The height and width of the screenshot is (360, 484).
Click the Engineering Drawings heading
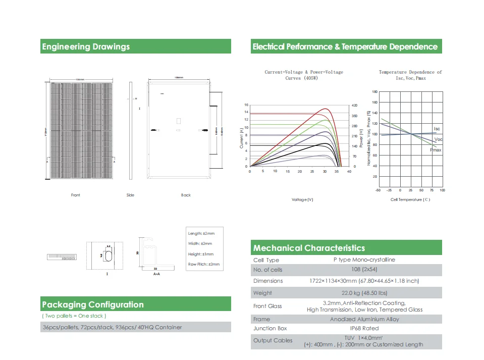coord(86,47)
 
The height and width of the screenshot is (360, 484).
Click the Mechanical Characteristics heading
coord(309,248)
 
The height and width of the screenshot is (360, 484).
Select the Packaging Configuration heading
coord(93,304)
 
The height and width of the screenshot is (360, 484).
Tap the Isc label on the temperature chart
coord(437,129)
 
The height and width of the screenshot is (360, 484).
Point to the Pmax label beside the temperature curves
coord(436,150)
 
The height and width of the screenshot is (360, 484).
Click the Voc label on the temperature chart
coord(438,139)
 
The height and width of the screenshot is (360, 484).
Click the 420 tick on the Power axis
coord(354,106)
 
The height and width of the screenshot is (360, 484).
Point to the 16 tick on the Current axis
coord(246,106)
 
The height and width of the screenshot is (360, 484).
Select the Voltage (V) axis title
coord(303,199)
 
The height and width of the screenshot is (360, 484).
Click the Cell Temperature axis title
coord(410,199)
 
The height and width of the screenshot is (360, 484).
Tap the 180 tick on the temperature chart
coord(374,92)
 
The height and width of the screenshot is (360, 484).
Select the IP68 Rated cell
coord(364,328)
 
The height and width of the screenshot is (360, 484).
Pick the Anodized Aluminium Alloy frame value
coord(364,319)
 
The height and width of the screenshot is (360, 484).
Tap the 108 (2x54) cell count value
coord(364,270)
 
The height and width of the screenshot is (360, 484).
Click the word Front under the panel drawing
coord(76,195)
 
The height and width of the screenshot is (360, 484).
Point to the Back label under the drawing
coord(186,195)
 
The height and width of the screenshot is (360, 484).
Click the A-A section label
coord(156,274)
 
